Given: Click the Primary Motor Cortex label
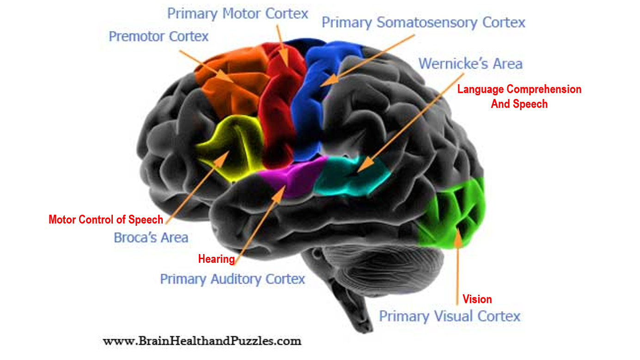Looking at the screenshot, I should pos(237,13).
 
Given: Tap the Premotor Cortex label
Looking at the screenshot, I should pos(159,36).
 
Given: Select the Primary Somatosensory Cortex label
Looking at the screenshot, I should pos(423,22).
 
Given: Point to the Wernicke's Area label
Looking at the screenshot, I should pos(470,63).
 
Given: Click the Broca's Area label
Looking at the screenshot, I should pos(151,238).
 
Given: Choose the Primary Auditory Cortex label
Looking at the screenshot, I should pos(232,279).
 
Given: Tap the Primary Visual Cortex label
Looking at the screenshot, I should pos(449,317).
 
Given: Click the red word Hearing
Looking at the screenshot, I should pos(216,259).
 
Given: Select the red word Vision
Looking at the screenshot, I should pos(477,299).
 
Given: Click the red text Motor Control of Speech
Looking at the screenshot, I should pos(106,219).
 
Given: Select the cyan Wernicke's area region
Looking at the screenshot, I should pos(351,176).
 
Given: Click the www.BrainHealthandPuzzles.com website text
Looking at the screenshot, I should pos(202,341).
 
